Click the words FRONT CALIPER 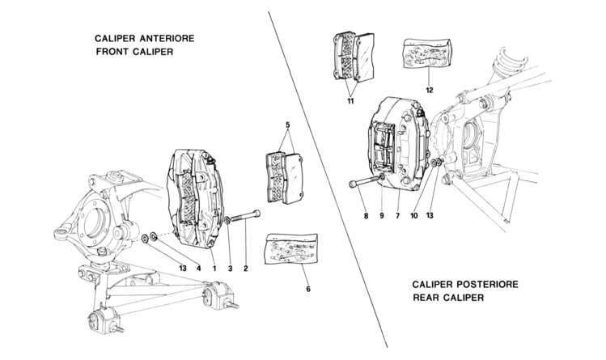[x=133, y=53]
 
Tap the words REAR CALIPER [x=447, y=299]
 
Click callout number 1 [x=214, y=268]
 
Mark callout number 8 [x=365, y=216]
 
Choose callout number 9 [x=381, y=216]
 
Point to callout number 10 [x=413, y=216]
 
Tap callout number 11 [x=349, y=104]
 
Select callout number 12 [x=430, y=90]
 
